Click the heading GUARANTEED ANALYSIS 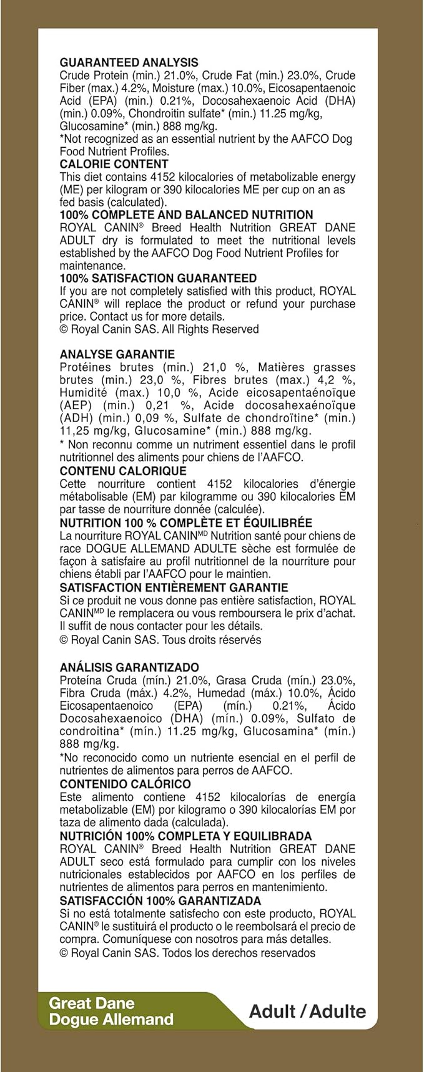(129, 62)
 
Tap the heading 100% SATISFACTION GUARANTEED (158, 278)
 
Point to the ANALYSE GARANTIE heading (117, 354)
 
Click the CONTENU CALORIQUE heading (123, 471)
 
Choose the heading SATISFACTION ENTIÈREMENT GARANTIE (174, 587)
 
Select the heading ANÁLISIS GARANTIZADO (129, 667)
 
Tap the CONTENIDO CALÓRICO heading (126, 784)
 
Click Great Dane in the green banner (92, 1003)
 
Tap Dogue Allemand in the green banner (111, 1020)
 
